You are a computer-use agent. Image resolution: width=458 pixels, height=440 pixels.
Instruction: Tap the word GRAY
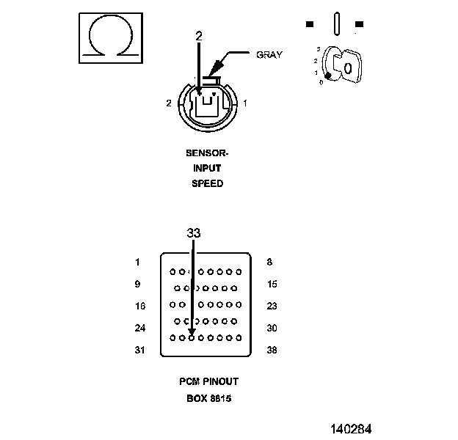tap(269, 55)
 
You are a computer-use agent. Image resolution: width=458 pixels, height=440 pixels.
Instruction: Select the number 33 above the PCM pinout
tap(194, 233)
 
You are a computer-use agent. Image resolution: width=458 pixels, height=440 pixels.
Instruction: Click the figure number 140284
tap(351, 429)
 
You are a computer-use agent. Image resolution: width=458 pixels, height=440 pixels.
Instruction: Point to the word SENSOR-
tap(207, 153)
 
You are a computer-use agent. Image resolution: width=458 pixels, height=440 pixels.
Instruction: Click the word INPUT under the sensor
tap(207, 169)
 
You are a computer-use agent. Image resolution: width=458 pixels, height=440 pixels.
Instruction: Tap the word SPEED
tap(208, 183)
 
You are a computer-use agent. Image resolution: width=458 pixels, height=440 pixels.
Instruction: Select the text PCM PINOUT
tap(209, 381)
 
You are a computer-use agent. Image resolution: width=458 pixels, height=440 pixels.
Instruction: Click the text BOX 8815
tap(209, 398)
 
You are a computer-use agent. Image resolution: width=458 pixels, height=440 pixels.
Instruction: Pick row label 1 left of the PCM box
tap(137, 262)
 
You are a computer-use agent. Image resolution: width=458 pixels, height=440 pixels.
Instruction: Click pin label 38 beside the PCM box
tap(272, 350)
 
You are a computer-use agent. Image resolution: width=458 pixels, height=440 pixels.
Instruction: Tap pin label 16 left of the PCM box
tap(140, 306)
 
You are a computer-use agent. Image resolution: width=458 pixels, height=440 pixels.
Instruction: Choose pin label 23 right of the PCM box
tap(272, 306)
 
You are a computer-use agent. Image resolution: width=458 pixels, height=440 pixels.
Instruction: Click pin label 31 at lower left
tap(140, 350)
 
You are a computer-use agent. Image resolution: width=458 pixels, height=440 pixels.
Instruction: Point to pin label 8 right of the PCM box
tap(269, 262)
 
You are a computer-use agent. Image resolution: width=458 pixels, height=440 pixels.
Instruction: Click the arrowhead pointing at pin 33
tap(192, 332)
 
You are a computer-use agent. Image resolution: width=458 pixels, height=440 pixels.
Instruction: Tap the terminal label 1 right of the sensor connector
tap(245, 103)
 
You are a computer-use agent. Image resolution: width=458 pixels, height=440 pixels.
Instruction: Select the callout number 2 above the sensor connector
tap(199, 36)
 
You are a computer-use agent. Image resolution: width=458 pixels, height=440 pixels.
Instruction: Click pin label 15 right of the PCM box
tap(272, 284)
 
